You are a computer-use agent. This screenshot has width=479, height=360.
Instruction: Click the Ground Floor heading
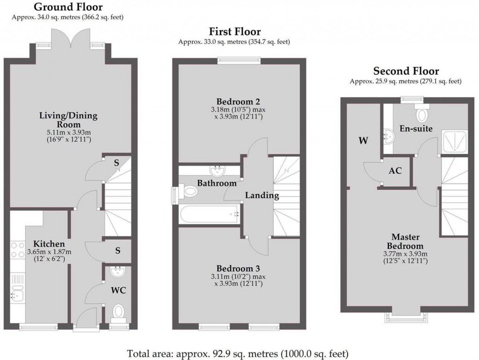(x=68, y=7)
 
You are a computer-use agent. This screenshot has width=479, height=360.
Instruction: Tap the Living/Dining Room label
(x=68, y=120)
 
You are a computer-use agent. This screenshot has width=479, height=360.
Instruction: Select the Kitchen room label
(x=49, y=244)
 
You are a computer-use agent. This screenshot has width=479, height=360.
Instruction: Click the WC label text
(x=118, y=290)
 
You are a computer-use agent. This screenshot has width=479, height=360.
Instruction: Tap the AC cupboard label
(x=395, y=171)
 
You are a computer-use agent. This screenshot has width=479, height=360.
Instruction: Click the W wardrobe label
(x=363, y=140)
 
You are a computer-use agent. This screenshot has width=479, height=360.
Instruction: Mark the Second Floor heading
(x=406, y=71)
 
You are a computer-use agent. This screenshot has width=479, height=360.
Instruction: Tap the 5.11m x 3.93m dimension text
(x=68, y=132)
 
